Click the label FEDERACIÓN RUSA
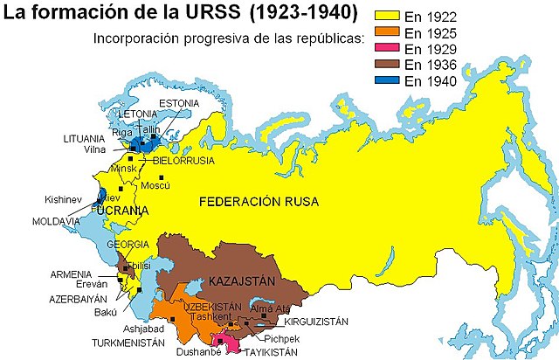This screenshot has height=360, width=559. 259,202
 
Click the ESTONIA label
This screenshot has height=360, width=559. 179,103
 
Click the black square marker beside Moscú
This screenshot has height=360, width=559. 160,177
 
